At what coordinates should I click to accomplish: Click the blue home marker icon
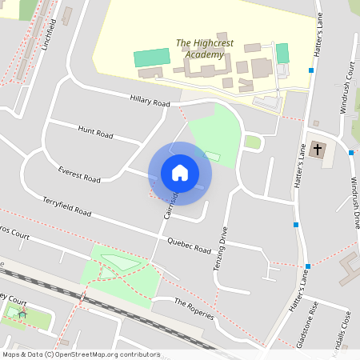180,172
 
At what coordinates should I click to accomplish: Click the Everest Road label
79,174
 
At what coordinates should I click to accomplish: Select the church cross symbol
318,150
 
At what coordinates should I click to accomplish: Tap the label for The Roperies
194,308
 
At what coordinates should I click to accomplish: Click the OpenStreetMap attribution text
81,354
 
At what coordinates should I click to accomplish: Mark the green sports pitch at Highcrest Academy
152,58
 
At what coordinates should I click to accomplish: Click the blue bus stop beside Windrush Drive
350,152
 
